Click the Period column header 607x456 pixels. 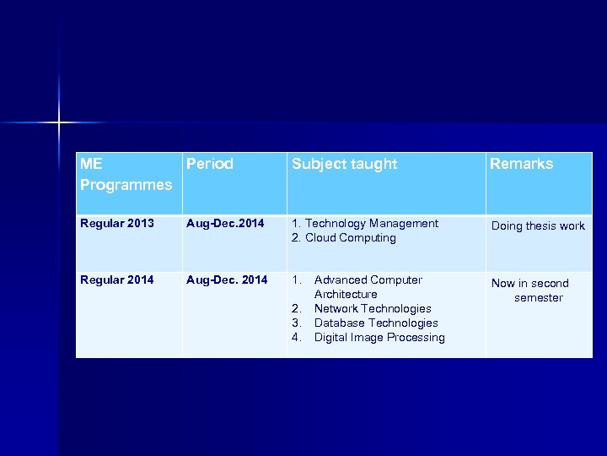tap(209, 164)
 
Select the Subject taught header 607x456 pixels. tap(344, 164)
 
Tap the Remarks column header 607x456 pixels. tap(521, 164)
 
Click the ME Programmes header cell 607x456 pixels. tap(126, 174)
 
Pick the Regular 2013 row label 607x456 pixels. tap(117, 224)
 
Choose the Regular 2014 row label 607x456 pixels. tap(117, 280)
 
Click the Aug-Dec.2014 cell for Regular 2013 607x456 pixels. tap(225, 224)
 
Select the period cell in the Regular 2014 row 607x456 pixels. tap(227, 280)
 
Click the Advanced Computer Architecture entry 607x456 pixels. tap(368, 287)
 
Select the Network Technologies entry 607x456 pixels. tap(373, 309)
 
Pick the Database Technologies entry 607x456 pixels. tap(376, 323)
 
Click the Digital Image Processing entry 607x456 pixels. tap(379, 338)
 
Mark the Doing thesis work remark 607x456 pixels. tap(538, 226)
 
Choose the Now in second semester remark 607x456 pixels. tap(530, 290)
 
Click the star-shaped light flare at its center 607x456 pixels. tap(59, 123)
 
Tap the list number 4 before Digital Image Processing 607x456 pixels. tap(296, 338)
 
